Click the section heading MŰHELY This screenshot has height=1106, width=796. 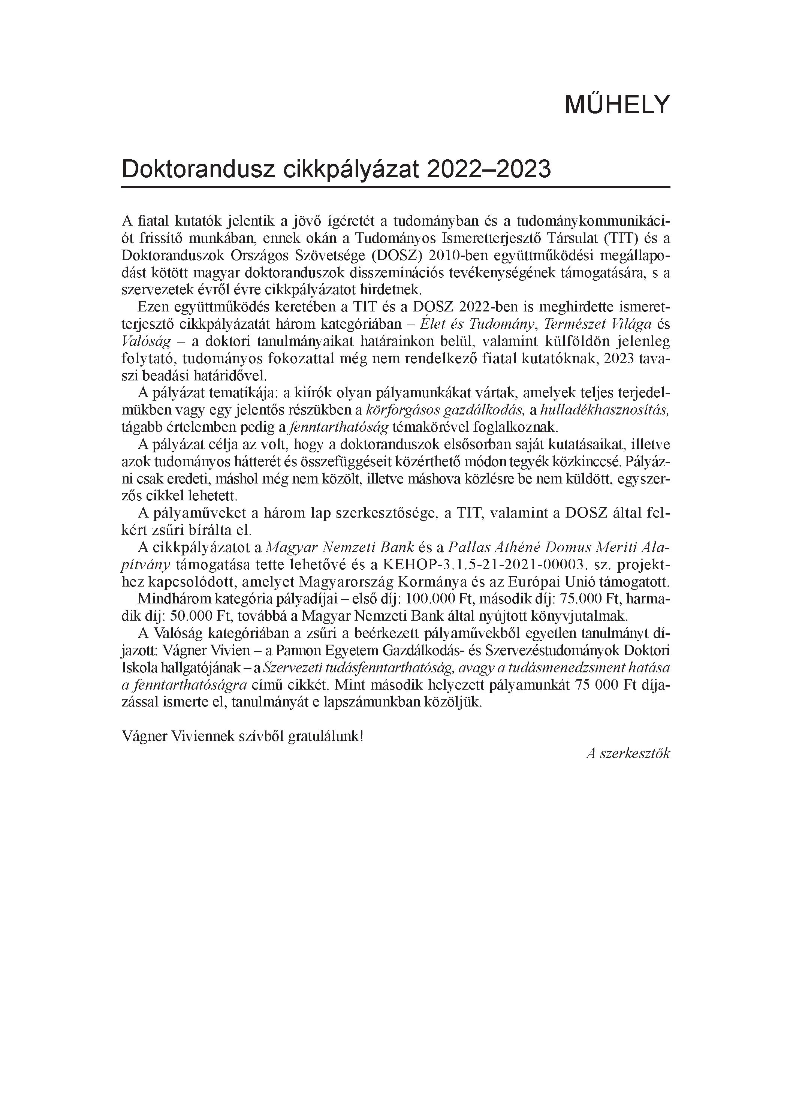coord(617,105)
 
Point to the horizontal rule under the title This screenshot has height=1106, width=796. coord(395,187)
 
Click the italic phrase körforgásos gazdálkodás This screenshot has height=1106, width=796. coord(445,410)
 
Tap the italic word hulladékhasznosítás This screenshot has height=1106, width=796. coord(605,410)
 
